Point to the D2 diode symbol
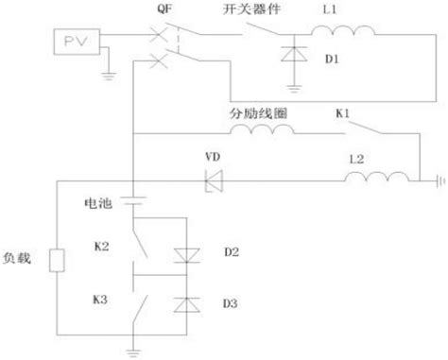[x=185, y=252]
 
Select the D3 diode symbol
[x=185, y=305]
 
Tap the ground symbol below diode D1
[x=299, y=93]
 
